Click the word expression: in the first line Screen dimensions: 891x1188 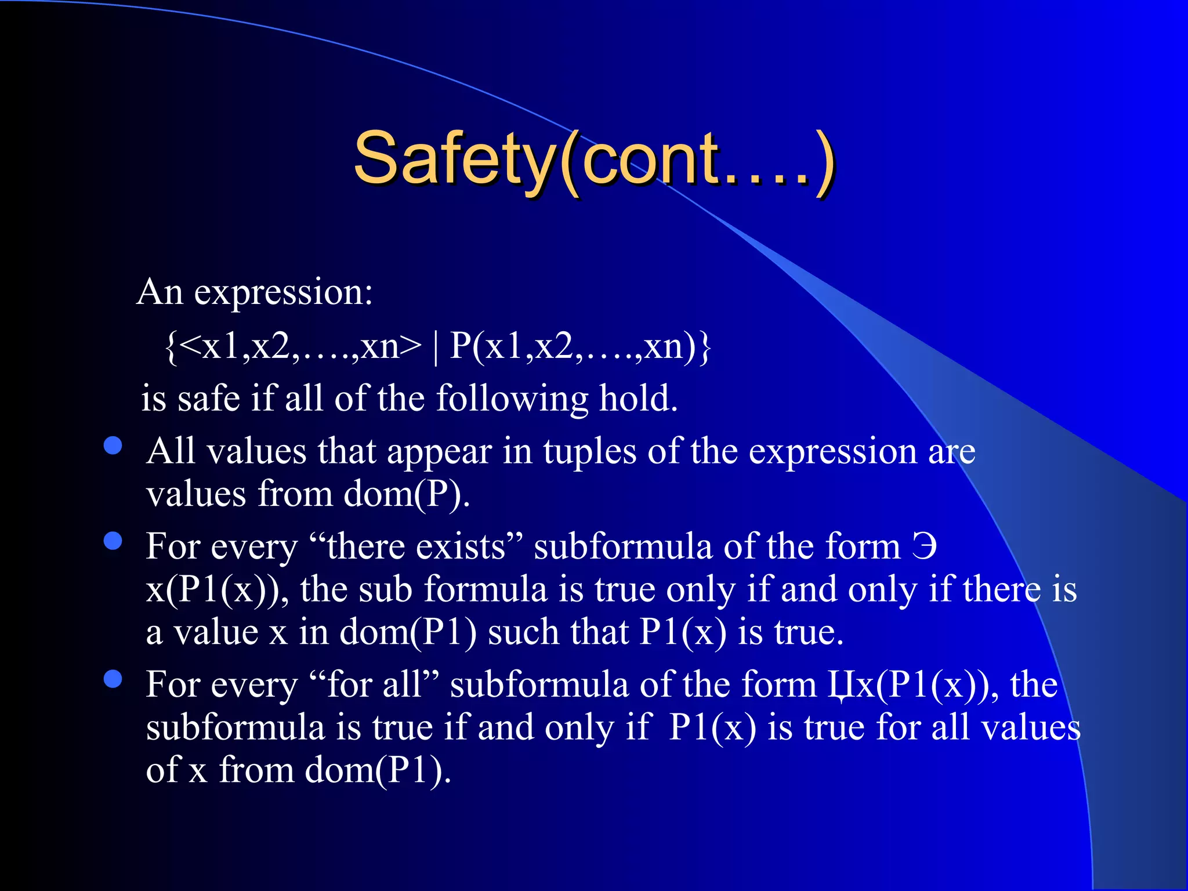click(x=283, y=292)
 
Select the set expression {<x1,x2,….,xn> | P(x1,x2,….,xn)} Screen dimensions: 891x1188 click(x=438, y=346)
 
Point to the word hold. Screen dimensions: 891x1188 click(x=638, y=399)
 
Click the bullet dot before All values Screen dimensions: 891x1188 click(x=113, y=445)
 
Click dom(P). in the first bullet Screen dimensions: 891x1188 click(x=406, y=494)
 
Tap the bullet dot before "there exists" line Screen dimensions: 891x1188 click(x=113, y=541)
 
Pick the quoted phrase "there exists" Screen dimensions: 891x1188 click(x=416, y=546)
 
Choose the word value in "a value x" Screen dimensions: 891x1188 click(x=216, y=632)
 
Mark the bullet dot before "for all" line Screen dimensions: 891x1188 click(x=113, y=679)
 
